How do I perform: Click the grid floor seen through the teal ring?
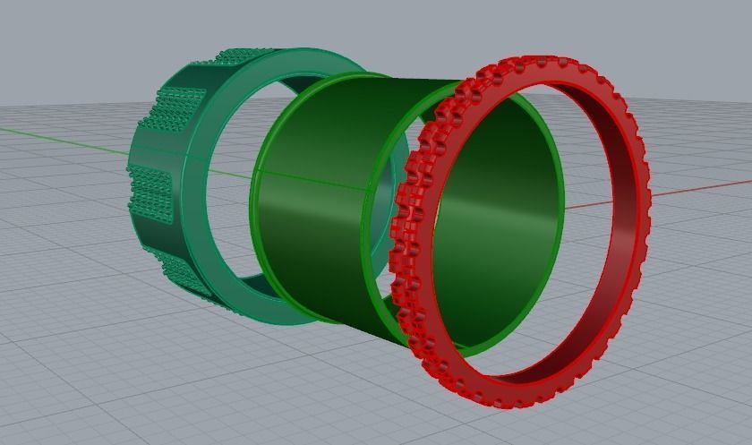tap(228, 179)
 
